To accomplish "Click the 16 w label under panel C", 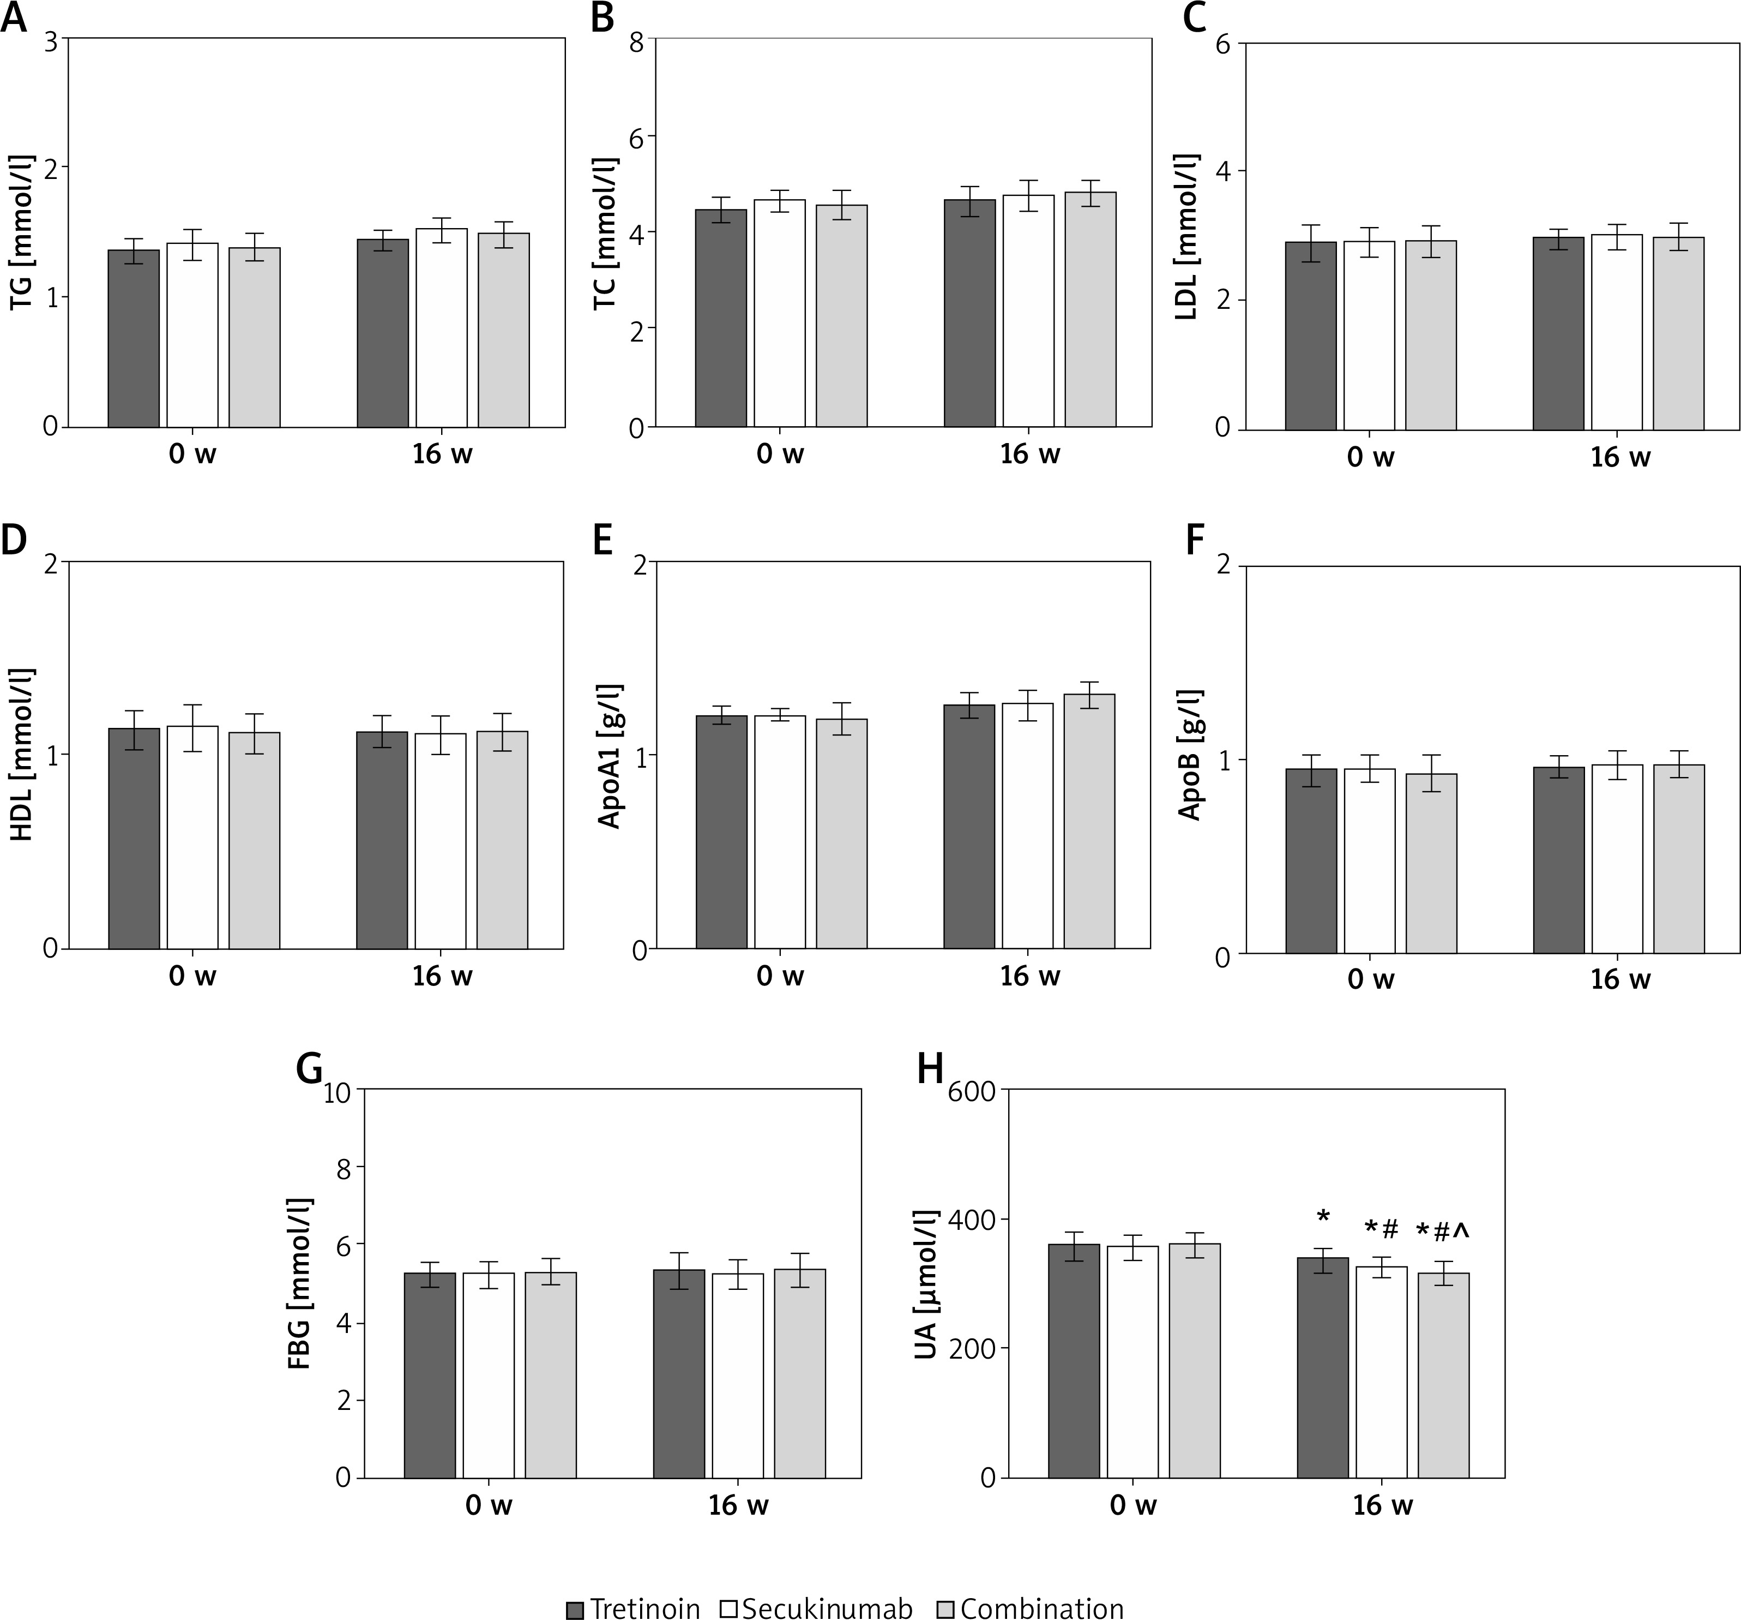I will (1620, 457).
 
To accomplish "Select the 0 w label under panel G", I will (489, 1505).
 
